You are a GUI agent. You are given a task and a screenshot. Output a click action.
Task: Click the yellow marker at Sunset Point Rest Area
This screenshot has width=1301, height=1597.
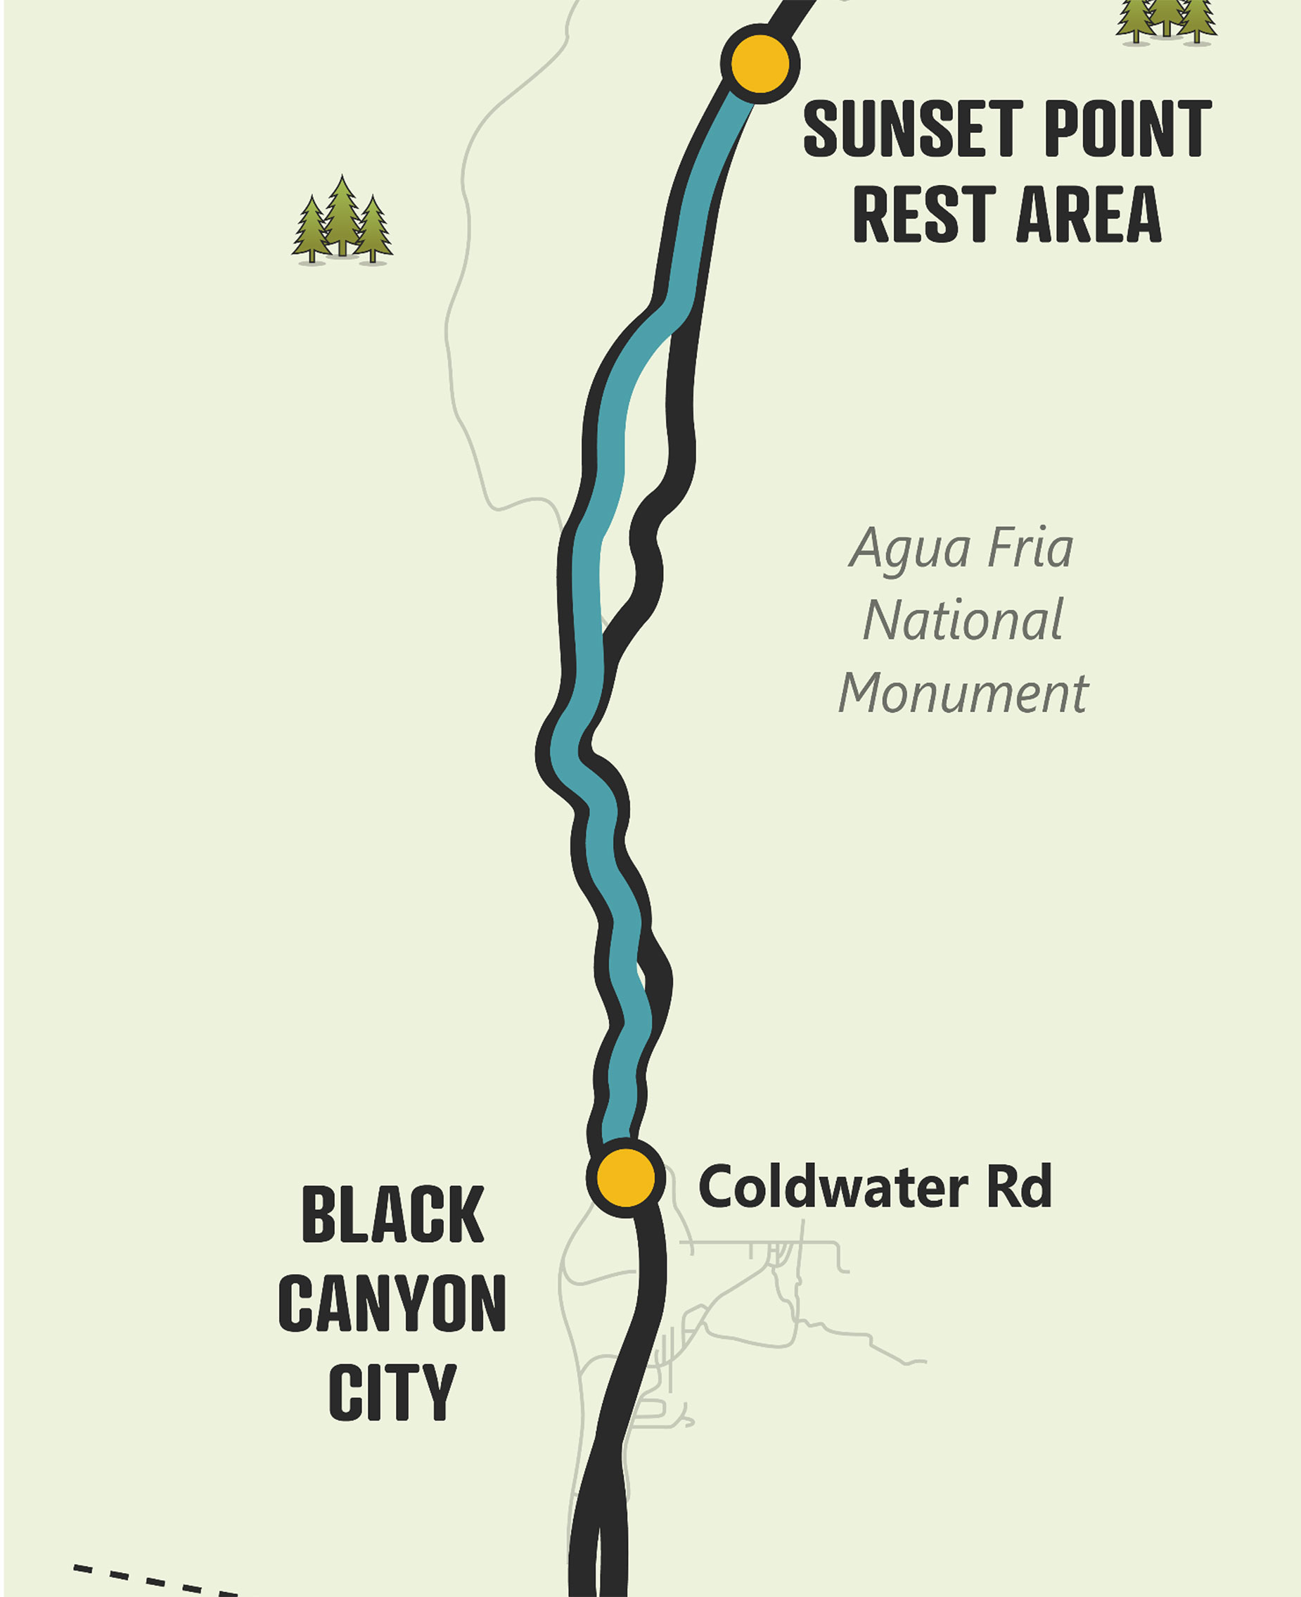[x=760, y=64]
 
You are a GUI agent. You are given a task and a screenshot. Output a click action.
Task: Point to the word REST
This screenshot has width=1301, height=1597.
[x=925, y=215]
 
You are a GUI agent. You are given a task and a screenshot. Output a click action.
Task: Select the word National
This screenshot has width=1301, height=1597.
[x=963, y=621]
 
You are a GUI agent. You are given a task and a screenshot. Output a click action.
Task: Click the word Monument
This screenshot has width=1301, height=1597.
[x=963, y=693]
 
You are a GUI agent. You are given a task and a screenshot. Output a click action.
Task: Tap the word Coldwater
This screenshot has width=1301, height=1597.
[x=833, y=1187]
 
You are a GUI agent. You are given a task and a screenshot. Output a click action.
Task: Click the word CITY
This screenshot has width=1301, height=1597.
[x=392, y=1392]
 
